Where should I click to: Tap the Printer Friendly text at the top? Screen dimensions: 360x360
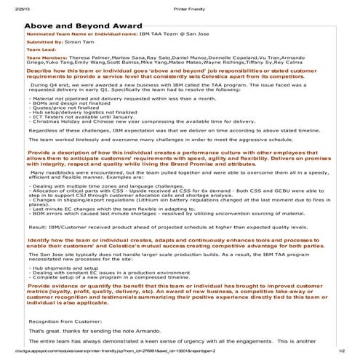tap(180, 4)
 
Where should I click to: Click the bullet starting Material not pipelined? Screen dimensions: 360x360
tap(110, 97)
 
